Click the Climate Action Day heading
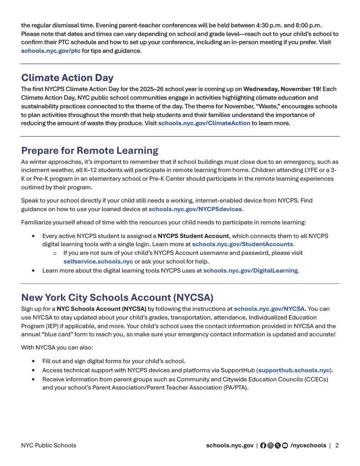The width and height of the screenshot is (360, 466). point(67,78)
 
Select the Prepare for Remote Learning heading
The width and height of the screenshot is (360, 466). point(90,151)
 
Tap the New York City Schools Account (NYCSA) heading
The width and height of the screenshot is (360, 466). point(117,298)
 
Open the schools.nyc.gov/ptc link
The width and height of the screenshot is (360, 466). point(51,51)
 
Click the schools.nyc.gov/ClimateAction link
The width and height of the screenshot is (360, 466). point(204,123)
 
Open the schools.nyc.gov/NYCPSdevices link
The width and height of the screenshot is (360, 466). point(195,209)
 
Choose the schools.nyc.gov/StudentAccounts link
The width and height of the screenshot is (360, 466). point(242,244)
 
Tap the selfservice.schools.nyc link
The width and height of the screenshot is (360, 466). point(98,262)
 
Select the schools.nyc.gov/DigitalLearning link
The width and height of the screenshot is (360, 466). point(250,271)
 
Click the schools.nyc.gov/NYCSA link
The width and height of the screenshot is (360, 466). point(269,309)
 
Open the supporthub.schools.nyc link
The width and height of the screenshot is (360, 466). point(294,370)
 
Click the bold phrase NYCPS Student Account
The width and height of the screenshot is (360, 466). point(193,236)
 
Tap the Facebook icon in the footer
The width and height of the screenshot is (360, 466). point(263,446)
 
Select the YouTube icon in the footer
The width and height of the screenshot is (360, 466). point(285,446)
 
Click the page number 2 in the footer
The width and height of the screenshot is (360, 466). point(337,446)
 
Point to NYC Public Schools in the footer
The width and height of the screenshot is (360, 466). point(48,446)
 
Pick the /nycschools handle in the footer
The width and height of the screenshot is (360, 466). point(308,446)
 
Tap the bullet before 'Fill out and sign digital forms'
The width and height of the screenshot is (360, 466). point(33,361)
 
